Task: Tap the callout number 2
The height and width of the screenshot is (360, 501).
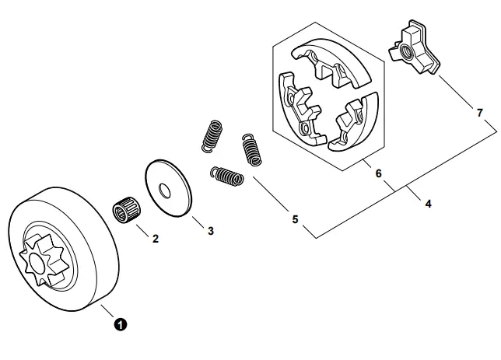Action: [155, 239]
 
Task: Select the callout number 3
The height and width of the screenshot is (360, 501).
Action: [211, 230]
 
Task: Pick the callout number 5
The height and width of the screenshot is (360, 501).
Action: [295, 220]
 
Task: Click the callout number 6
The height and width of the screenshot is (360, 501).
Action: [379, 173]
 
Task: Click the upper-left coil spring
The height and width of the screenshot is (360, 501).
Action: [211, 133]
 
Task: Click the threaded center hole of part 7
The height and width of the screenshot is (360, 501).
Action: [407, 51]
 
